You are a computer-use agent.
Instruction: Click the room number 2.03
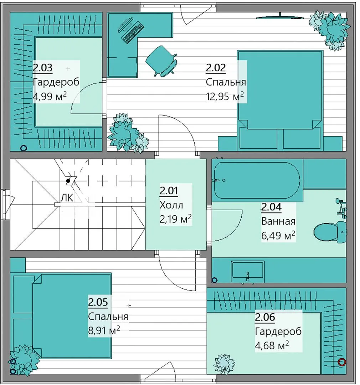[x=43, y=67]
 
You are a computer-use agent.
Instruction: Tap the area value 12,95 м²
[x=225, y=96]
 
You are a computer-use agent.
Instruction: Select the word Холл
[x=171, y=205]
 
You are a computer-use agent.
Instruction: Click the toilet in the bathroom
[x=330, y=232]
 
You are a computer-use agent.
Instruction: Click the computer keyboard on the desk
[x=133, y=33]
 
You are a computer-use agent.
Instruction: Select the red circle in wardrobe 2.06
[x=342, y=361]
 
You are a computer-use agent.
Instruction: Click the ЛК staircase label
[x=67, y=197]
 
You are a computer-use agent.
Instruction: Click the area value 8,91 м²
[x=104, y=330]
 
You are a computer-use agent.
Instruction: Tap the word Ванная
[x=278, y=221]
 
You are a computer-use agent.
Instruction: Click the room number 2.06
[x=265, y=317]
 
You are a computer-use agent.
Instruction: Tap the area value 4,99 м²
[x=50, y=96]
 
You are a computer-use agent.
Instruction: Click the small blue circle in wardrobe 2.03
[x=24, y=148]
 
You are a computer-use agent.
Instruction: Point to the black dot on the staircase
[x=68, y=181]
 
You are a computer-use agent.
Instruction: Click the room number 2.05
[x=98, y=302]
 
